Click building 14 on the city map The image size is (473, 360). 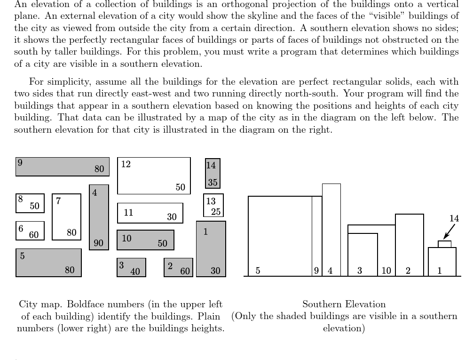click(x=213, y=173)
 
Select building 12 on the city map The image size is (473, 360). click(x=154, y=176)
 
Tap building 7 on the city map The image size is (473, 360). click(x=66, y=217)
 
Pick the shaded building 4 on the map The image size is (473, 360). click(x=99, y=217)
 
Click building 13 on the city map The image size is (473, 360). click(x=213, y=205)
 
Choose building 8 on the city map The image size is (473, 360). click(x=30, y=203)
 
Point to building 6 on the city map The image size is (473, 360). click(x=30, y=231)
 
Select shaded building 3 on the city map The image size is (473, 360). click(x=131, y=267)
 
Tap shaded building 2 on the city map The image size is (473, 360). click(x=178, y=267)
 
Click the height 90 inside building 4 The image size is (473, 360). click(x=98, y=243)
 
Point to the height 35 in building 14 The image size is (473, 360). click(x=213, y=183)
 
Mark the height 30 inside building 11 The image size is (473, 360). click(x=172, y=217)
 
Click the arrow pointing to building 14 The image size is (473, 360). click(x=449, y=232)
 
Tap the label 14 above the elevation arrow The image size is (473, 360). click(x=454, y=218)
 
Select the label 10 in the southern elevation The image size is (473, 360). click(x=386, y=271)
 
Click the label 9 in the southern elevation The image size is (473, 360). click(x=316, y=271)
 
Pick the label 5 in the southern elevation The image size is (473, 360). click(x=258, y=271)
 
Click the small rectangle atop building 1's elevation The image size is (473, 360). click(x=444, y=244)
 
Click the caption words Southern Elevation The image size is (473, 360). click(x=344, y=304)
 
